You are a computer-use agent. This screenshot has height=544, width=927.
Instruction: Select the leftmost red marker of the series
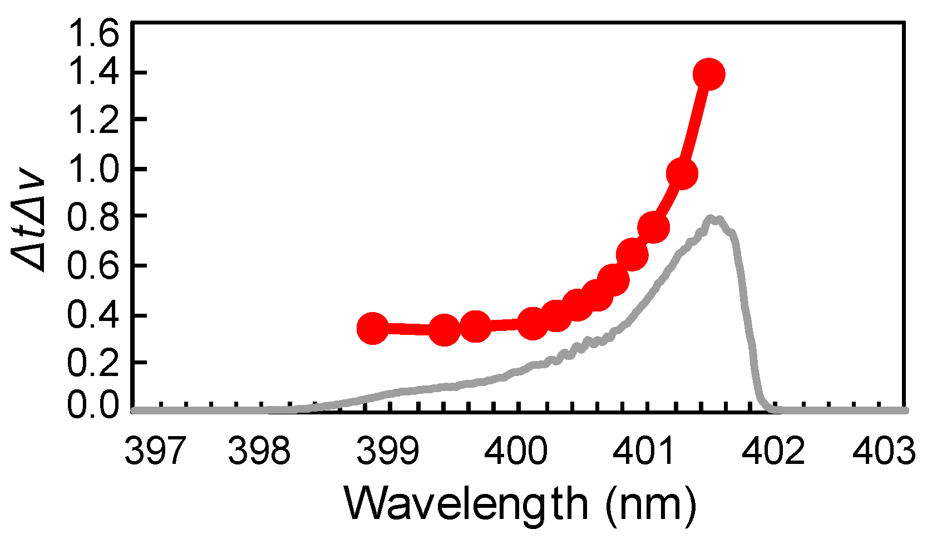372,328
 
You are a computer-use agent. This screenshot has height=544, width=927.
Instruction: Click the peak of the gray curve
712,219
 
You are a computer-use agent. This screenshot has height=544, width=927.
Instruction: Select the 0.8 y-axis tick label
93,217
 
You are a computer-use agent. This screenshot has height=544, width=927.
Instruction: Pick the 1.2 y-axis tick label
93,121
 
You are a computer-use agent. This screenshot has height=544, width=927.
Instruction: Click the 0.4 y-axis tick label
93,315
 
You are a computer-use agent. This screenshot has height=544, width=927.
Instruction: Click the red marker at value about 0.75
653,227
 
